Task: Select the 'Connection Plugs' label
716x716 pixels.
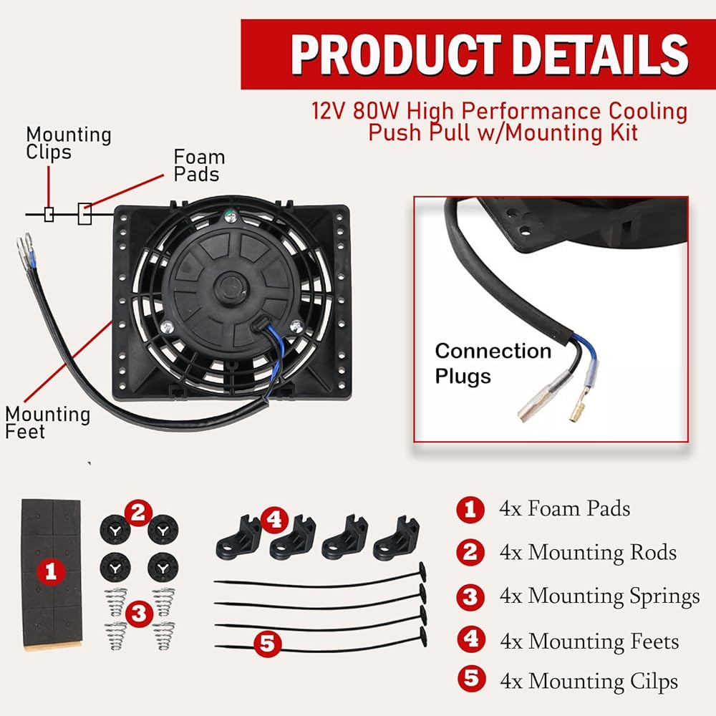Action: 493,364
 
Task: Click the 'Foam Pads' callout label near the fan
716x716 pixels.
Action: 199,165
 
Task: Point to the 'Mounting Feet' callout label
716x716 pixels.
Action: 47,422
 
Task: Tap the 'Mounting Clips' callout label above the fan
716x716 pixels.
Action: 69,143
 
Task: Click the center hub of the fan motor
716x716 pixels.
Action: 231,287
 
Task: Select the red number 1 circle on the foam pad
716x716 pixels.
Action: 51,571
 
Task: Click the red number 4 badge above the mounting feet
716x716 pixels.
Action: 274,520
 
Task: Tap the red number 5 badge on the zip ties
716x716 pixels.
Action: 267,644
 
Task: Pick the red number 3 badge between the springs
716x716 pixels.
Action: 138,614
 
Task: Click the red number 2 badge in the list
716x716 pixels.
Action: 470,553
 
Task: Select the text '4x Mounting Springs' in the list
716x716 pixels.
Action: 599,596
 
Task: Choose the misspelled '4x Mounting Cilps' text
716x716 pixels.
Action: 589,682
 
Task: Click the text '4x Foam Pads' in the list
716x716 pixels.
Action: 564,508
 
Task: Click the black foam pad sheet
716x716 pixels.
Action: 52,574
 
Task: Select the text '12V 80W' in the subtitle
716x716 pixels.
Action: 356,110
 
